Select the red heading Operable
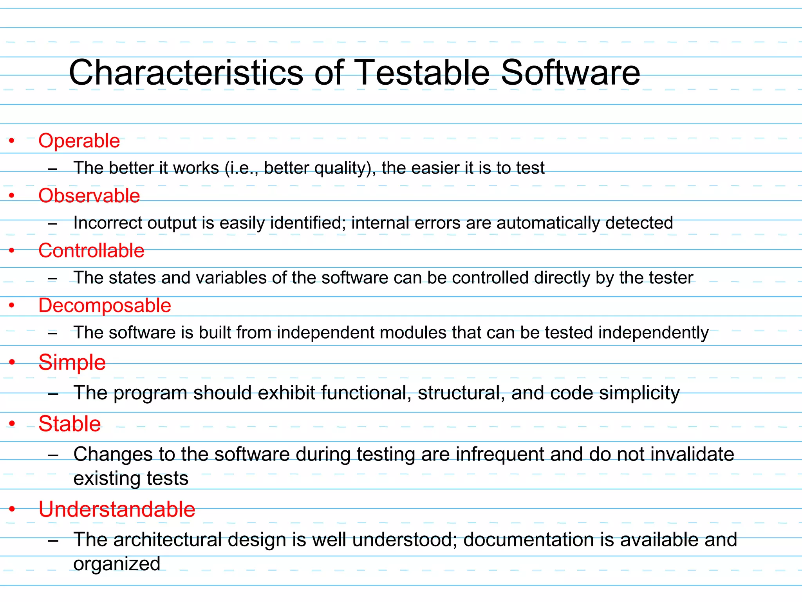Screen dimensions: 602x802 click(79, 141)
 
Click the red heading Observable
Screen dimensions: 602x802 click(89, 196)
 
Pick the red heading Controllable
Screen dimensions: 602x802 click(91, 250)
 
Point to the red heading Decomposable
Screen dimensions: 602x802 click(105, 305)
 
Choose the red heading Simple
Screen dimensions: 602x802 click(72, 362)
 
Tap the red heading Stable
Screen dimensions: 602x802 click(70, 424)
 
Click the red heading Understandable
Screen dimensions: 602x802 click(117, 509)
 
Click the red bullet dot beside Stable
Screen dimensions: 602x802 click(12, 423)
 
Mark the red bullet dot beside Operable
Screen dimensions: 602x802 click(12, 140)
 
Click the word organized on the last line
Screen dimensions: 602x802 click(117, 564)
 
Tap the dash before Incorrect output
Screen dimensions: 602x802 click(52, 224)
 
